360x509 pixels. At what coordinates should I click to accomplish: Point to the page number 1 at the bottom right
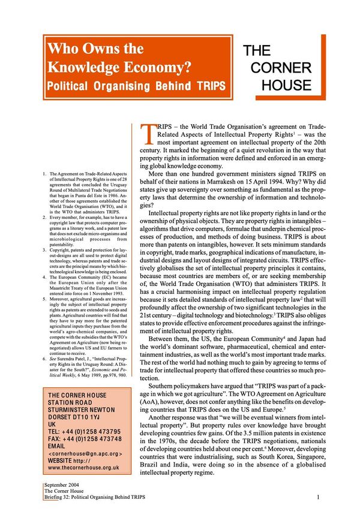[317, 496]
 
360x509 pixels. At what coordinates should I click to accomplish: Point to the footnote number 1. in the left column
[38, 174]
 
